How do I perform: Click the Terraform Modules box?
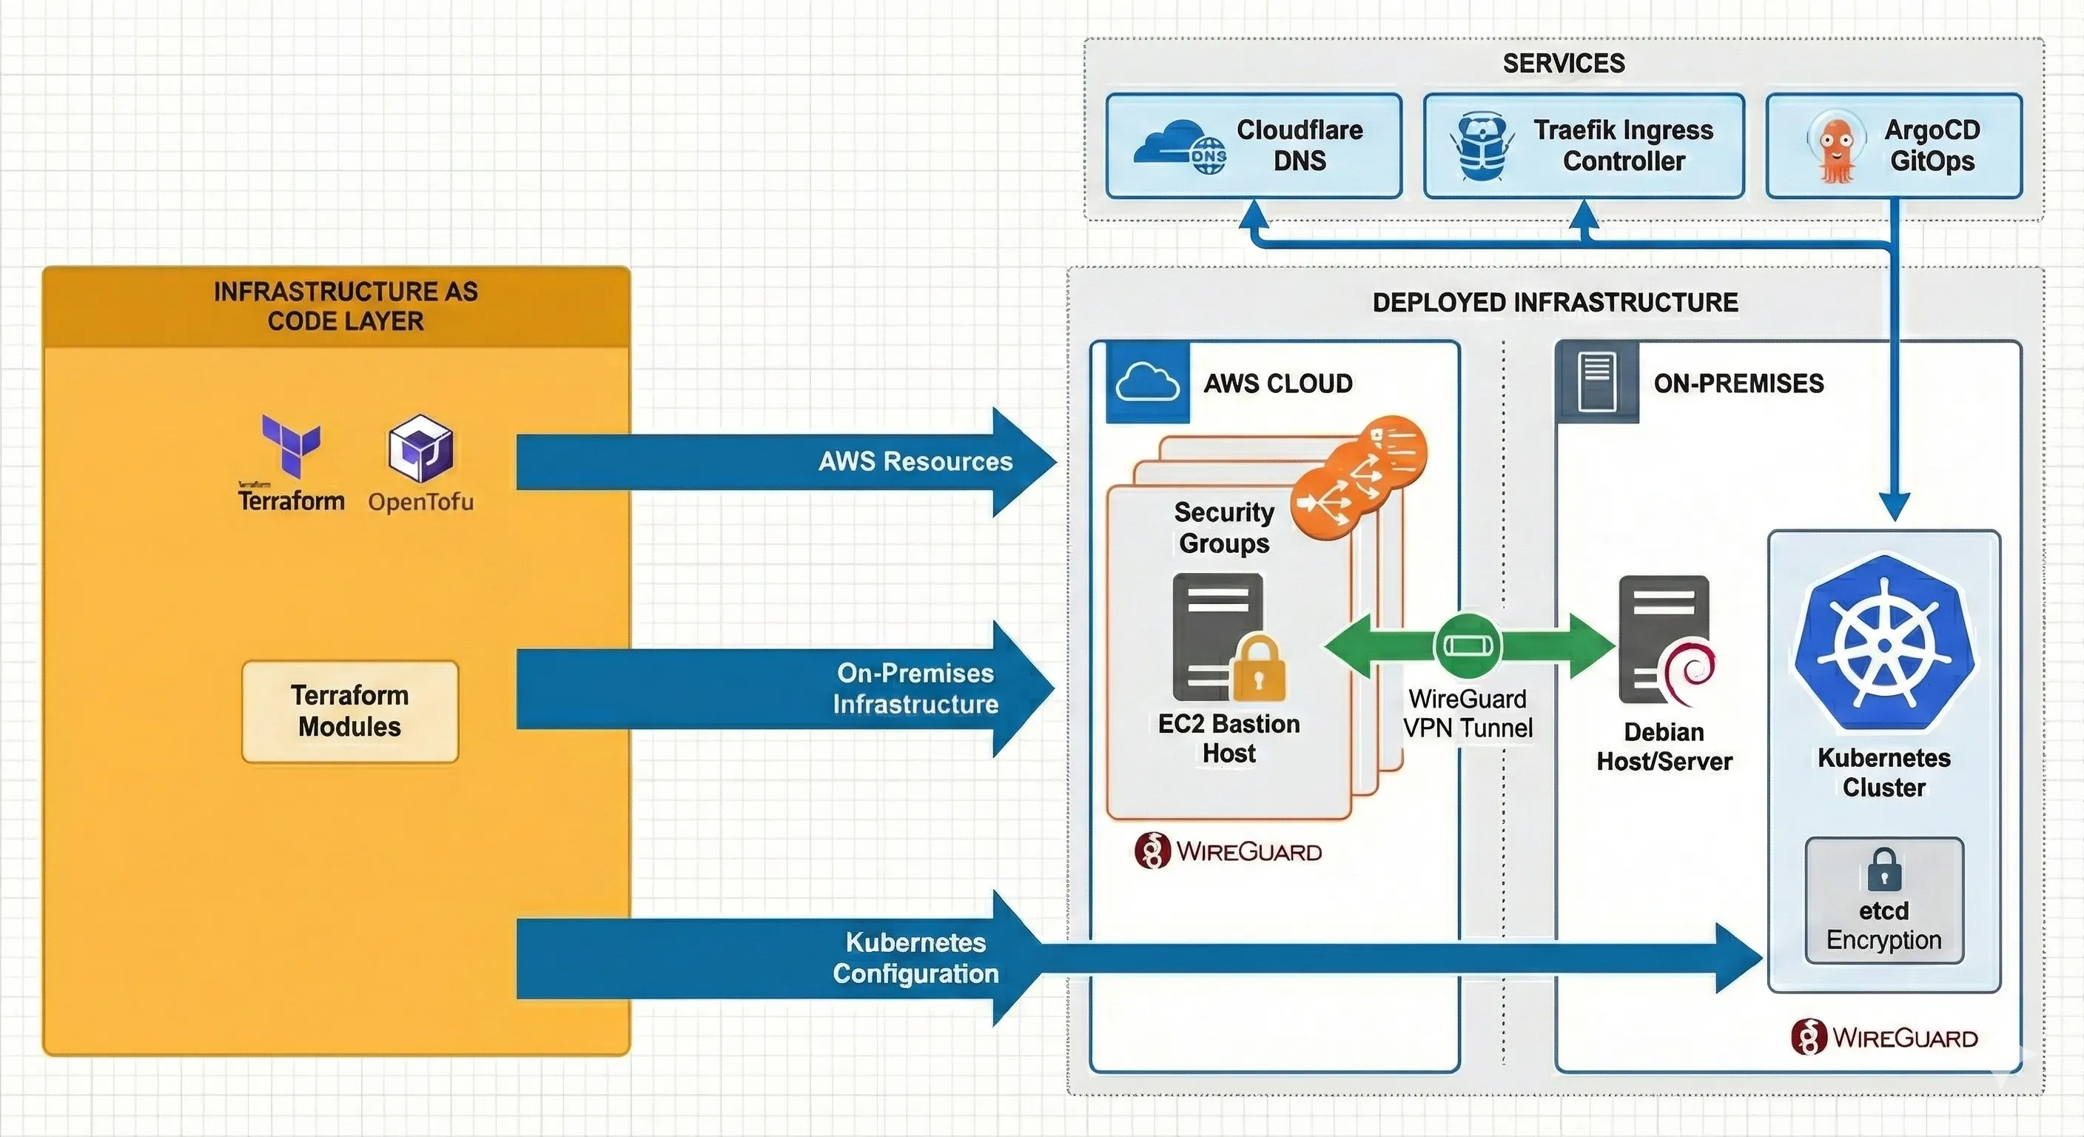click(x=349, y=711)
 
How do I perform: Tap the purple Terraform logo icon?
click(x=292, y=443)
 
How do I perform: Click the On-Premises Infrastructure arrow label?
click(x=915, y=688)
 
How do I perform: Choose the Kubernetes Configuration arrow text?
click(x=915, y=957)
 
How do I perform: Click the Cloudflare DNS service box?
click(x=1253, y=146)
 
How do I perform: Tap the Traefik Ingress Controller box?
click(x=1583, y=146)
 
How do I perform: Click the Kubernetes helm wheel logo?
click(x=1884, y=643)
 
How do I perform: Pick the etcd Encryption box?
click(x=1883, y=901)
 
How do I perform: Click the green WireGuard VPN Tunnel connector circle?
click(x=1468, y=645)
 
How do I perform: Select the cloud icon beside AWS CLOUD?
click(x=1146, y=382)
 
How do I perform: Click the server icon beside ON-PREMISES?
click(x=1596, y=381)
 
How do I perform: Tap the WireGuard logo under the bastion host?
click(x=1228, y=851)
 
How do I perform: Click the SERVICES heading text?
click(x=1563, y=63)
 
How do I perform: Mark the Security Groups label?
click(x=1224, y=528)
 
